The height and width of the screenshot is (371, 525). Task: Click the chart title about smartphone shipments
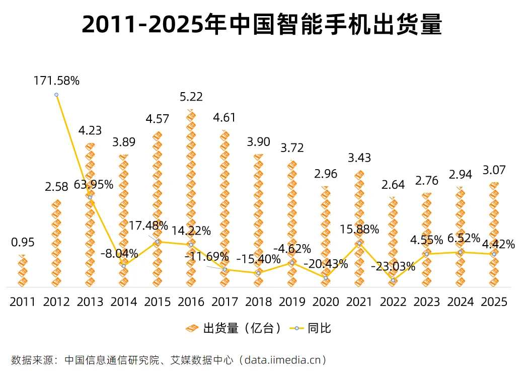click(262, 24)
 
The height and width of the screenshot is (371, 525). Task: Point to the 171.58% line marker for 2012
click(56, 95)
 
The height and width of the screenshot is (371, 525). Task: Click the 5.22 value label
click(191, 97)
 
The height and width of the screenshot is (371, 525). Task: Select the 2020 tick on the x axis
click(326, 302)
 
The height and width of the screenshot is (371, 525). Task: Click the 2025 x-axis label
click(494, 302)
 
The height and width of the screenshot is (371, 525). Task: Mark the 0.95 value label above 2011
click(23, 243)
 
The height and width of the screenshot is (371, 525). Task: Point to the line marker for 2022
click(393, 280)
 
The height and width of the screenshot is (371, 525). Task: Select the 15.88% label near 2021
click(359, 230)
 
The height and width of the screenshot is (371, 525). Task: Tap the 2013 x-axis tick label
click(90, 302)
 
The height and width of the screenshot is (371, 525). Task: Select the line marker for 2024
click(460, 252)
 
